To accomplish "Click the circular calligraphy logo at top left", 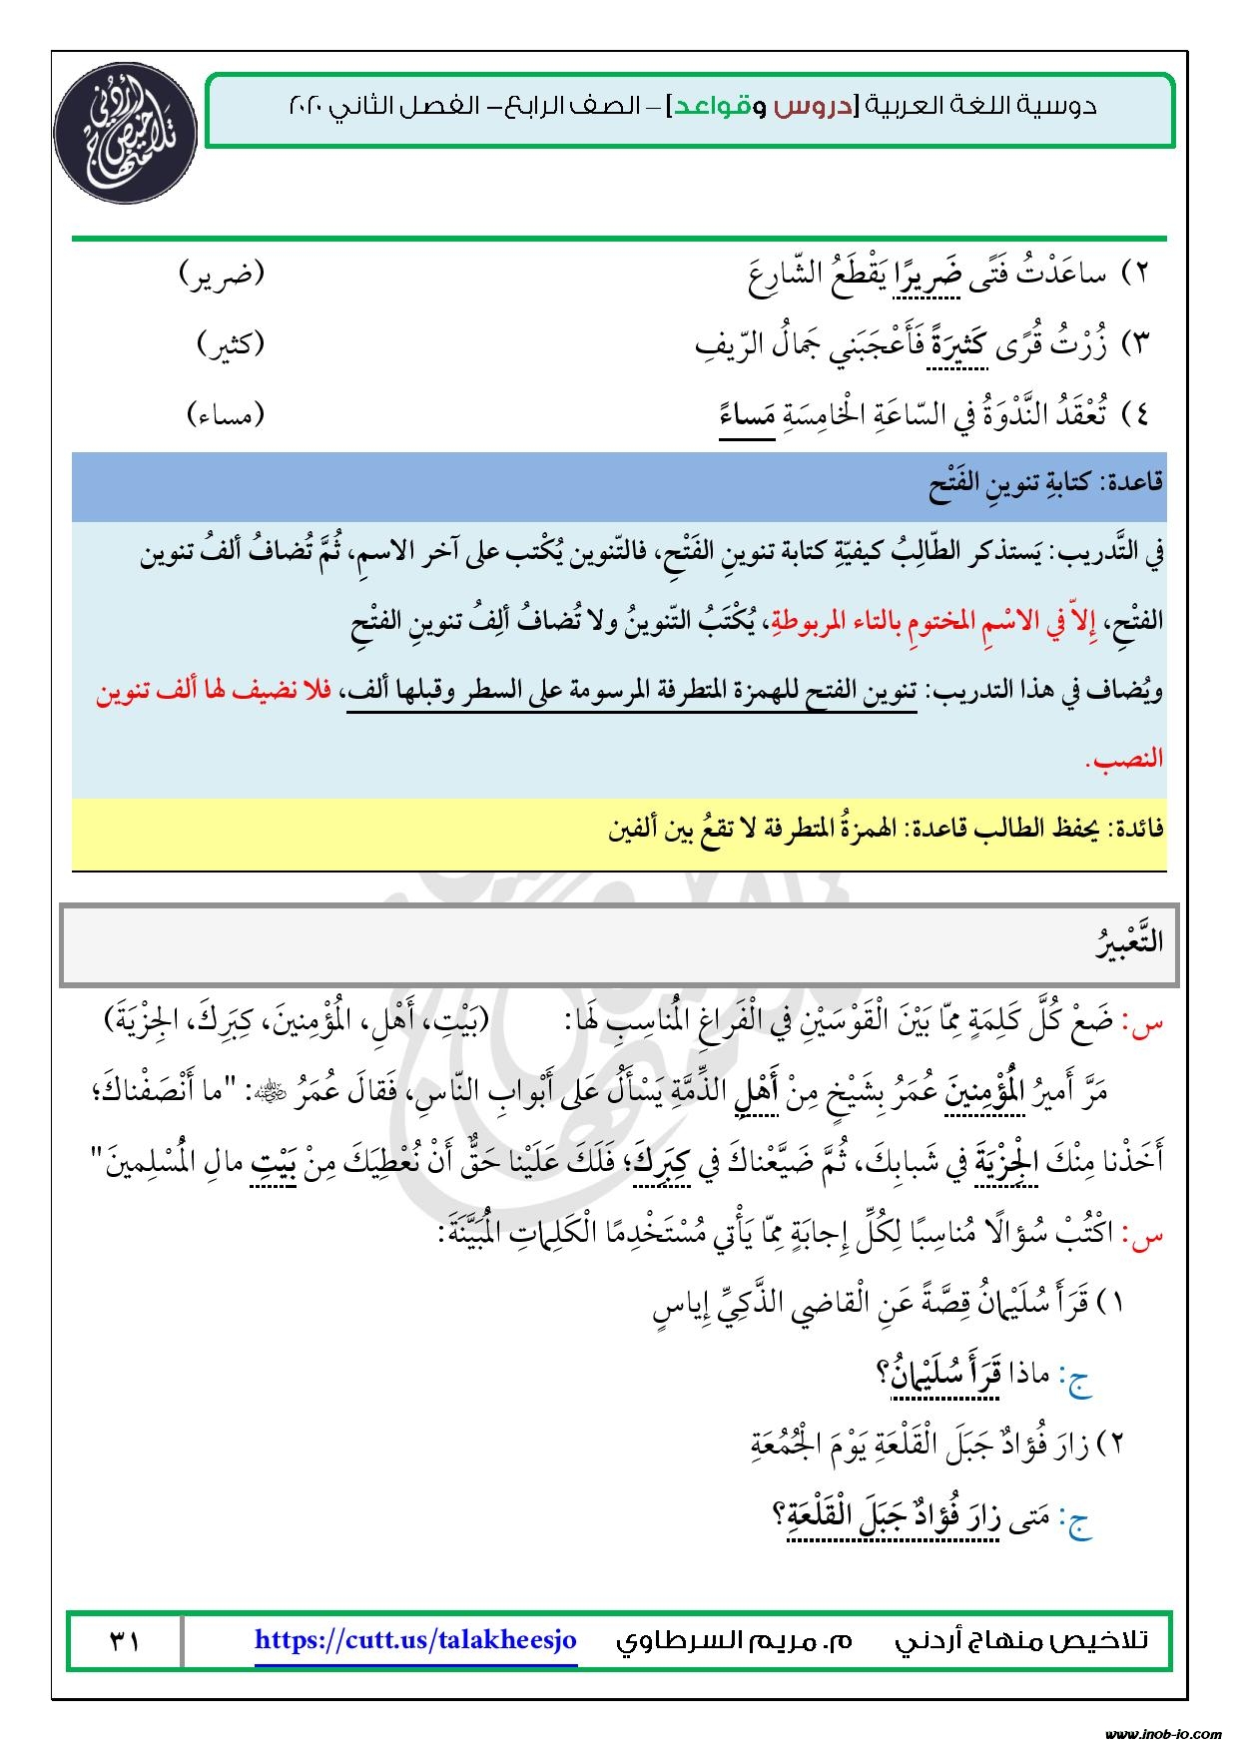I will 117,134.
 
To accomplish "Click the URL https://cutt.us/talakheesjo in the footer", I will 415,1639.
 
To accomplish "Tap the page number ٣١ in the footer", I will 124,1640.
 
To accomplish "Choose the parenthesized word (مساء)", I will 226,413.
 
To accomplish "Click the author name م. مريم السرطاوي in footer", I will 734,1640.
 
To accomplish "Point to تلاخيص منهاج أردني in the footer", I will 1020,1640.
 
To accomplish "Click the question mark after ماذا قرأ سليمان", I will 883,1375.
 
